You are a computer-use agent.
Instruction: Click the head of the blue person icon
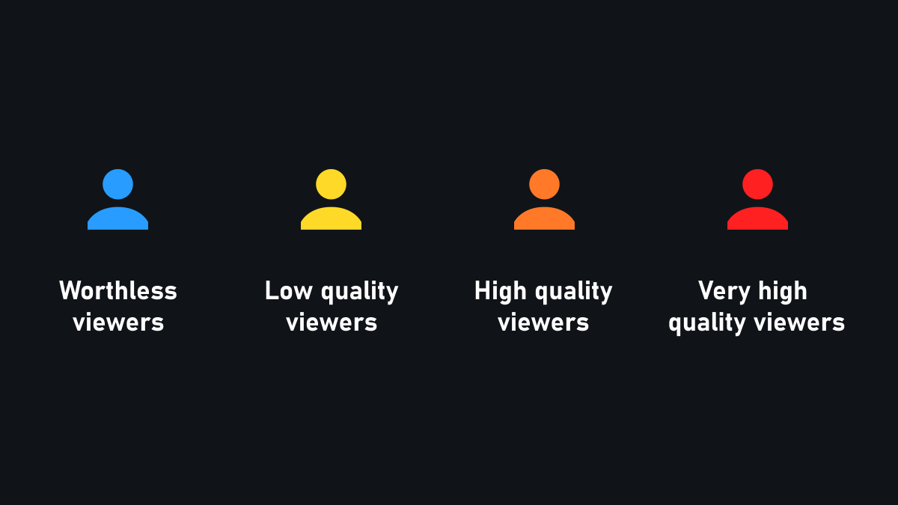tap(117, 184)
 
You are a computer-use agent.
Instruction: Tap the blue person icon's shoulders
tap(117, 219)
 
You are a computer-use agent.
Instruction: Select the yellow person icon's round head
tap(331, 184)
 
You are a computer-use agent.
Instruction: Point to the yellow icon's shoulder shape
tap(331, 219)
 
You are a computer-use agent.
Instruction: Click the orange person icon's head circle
tap(544, 184)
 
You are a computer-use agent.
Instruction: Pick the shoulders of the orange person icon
tap(544, 219)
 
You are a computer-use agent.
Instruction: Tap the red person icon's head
tap(757, 184)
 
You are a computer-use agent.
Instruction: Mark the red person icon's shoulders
tap(757, 219)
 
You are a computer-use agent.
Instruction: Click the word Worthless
tap(118, 290)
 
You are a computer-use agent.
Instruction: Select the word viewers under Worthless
tap(118, 322)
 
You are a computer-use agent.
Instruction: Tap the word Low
tap(288, 290)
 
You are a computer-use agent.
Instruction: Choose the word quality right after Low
tap(359, 292)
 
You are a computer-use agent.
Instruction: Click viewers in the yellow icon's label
tap(332, 322)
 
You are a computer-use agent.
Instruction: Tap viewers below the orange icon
tap(543, 322)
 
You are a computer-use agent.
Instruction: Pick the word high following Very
tap(783, 290)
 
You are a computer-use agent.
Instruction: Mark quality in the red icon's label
tap(707, 324)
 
